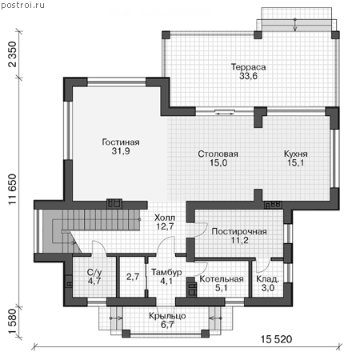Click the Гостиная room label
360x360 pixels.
(x=121, y=142)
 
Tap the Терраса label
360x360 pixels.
(x=248, y=67)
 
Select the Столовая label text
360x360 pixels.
(x=218, y=154)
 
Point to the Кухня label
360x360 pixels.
(x=295, y=154)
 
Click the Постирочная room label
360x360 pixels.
(x=239, y=231)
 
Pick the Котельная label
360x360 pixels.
(x=222, y=279)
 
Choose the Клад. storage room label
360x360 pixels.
(x=267, y=279)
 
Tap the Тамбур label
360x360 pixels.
(x=166, y=272)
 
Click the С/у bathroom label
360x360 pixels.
(x=94, y=272)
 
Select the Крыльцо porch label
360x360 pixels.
(x=167, y=316)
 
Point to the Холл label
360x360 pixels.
(x=165, y=218)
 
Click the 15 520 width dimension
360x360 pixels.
(x=276, y=339)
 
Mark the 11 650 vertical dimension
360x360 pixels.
(x=13, y=190)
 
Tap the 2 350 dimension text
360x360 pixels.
(x=13, y=54)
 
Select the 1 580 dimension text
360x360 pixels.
(x=13, y=322)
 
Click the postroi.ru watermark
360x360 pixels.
(x=22, y=5)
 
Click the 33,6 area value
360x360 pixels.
(x=248, y=76)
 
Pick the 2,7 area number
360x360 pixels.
(x=133, y=277)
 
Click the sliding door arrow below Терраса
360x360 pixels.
(x=225, y=114)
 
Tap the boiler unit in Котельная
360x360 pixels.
(x=192, y=287)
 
